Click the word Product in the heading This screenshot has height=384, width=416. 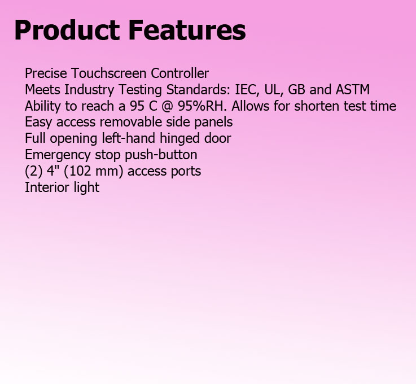click(67, 30)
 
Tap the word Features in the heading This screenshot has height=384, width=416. click(187, 30)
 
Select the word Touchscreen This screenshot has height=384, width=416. click(109, 73)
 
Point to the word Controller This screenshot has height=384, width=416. click(179, 73)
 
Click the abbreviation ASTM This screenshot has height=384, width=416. click(353, 90)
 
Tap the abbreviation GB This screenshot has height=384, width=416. click(296, 90)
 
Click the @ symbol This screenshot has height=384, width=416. click(167, 106)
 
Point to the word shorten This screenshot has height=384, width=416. click(317, 106)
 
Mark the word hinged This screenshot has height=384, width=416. click(180, 139)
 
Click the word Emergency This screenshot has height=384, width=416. click(58, 155)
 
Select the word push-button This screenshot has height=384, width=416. click(161, 155)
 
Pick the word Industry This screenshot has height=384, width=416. click(89, 90)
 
